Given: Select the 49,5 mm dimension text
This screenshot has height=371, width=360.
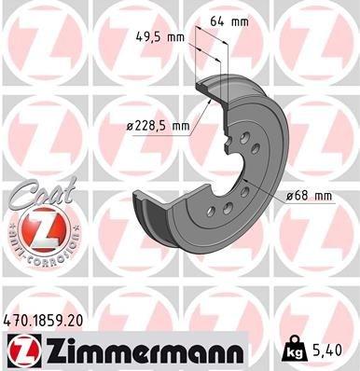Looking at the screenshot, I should click(x=156, y=39).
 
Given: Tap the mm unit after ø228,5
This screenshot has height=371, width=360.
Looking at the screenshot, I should click(x=180, y=125).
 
